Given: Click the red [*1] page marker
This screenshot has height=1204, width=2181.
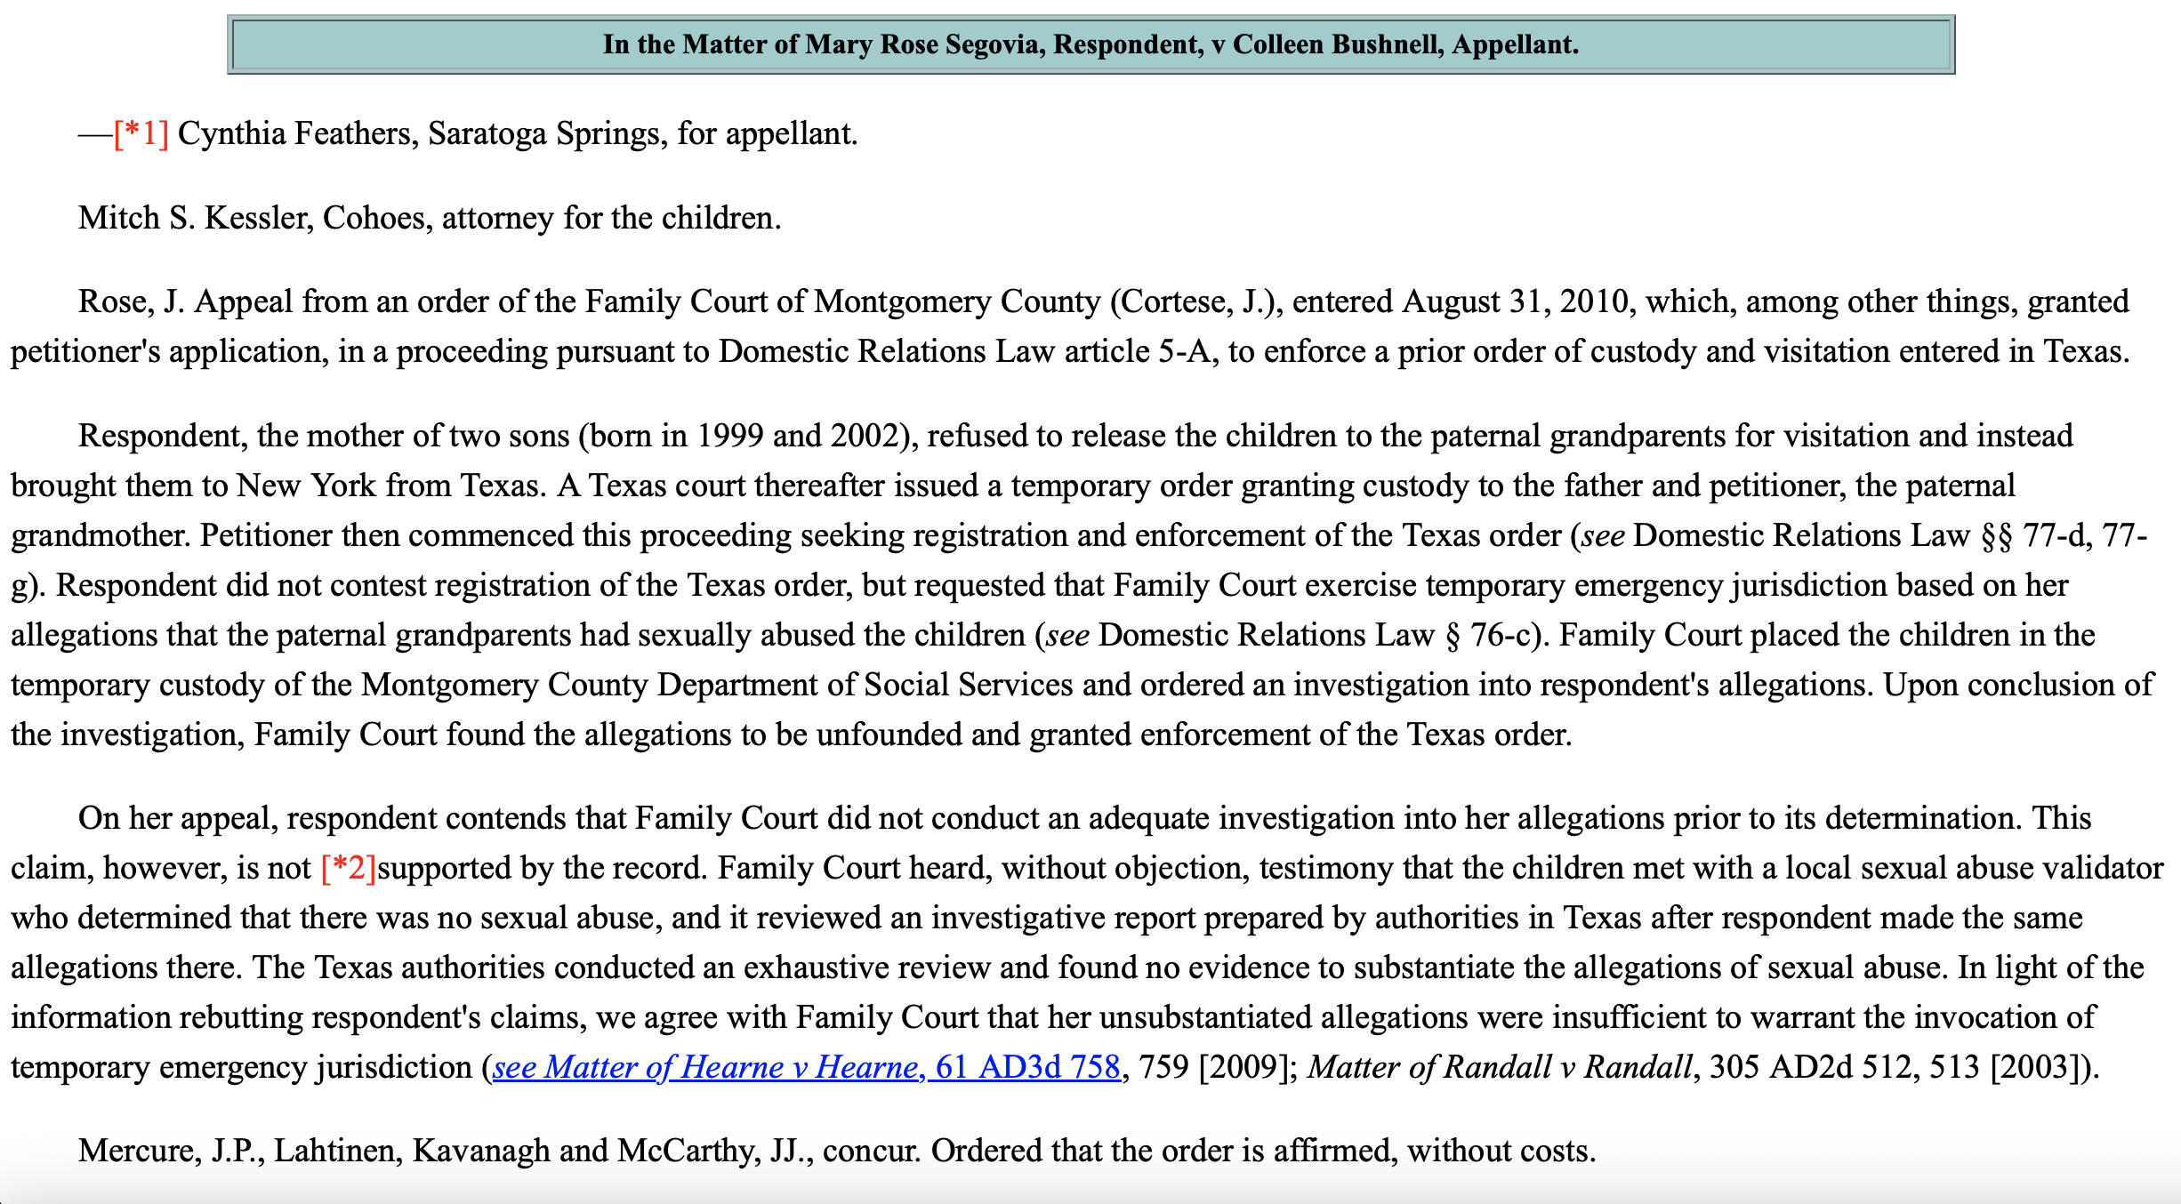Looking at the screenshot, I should (x=141, y=133).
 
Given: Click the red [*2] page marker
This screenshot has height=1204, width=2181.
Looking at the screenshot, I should (x=349, y=868).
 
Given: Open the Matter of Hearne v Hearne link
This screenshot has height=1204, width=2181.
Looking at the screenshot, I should (x=806, y=1067).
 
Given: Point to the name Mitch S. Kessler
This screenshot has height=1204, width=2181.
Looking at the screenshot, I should (x=195, y=218).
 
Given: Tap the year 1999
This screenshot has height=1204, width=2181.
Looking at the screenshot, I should (x=729, y=436).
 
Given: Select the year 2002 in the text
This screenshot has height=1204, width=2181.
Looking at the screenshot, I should (x=868, y=436).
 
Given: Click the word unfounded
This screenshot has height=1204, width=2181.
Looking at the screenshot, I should (x=889, y=734).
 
